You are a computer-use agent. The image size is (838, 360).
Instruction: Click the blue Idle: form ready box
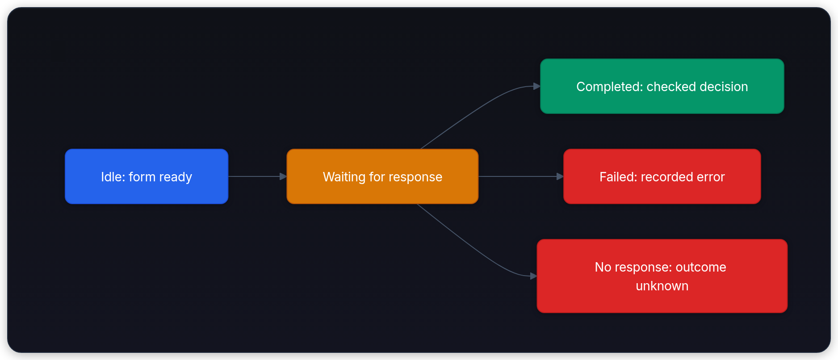click(147, 176)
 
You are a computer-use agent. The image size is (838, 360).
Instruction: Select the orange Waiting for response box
click(382, 176)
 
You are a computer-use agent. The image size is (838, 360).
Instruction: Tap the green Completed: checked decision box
click(662, 86)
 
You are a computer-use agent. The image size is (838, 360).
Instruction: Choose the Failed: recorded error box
click(662, 176)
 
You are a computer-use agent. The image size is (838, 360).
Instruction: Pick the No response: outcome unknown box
click(662, 276)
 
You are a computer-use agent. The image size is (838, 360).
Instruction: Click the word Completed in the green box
click(609, 87)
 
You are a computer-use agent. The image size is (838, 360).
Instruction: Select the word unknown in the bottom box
click(662, 286)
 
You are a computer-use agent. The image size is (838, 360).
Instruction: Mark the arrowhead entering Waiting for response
click(283, 176)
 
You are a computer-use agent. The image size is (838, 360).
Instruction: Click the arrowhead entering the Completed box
click(537, 86)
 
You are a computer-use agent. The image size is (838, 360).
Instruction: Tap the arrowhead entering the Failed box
click(560, 176)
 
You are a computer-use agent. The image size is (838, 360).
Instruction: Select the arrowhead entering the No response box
click(533, 276)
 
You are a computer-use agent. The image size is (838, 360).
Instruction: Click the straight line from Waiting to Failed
click(518, 176)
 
